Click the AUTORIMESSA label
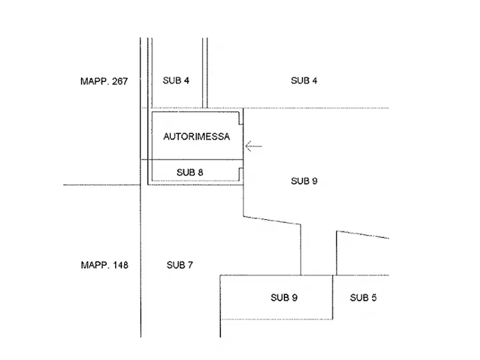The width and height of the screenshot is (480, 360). pos(197,136)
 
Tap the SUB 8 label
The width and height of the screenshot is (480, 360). pos(190,172)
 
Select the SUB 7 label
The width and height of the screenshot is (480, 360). pos(180,265)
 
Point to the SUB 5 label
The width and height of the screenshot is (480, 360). pos(363,298)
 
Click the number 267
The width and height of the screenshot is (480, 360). pos(120,82)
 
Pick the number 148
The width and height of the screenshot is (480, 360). pos(120,265)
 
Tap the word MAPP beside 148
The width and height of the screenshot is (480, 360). pos(95,265)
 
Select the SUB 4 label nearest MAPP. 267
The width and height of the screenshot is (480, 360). pos(176,81)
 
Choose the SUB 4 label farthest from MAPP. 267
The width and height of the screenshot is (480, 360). pos(304,81)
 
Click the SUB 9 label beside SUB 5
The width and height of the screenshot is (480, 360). pos(284,298)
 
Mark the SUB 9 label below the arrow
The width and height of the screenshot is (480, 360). pos(304,181)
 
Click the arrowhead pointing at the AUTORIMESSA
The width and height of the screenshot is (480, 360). pos(246,146)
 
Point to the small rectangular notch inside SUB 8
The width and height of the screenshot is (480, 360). pos(241,174)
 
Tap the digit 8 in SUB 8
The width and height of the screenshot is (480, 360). pos(200,172)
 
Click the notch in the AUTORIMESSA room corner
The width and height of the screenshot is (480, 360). pos(241,119)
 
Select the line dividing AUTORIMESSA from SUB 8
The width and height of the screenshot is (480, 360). pos(192,160)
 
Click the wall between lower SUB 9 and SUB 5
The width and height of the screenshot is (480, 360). pos(332,297)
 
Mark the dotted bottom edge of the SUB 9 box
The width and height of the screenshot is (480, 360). pos(276,319)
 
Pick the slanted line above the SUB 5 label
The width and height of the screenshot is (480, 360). pos(363,234)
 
